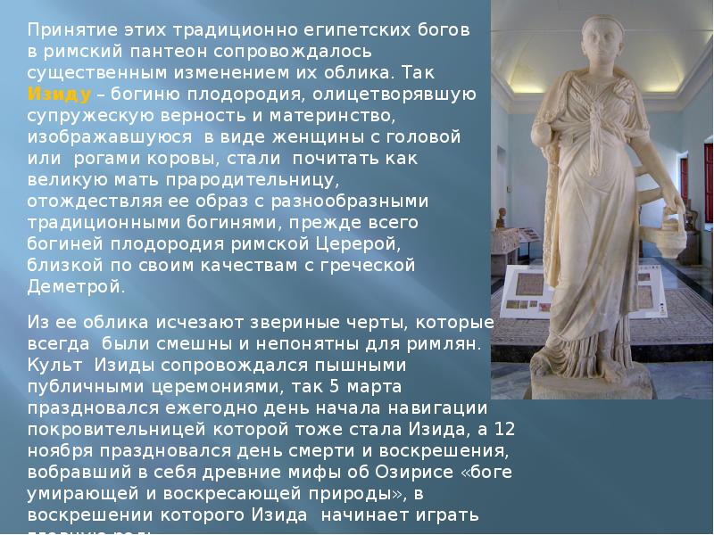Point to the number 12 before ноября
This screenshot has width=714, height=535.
point(507,430)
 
